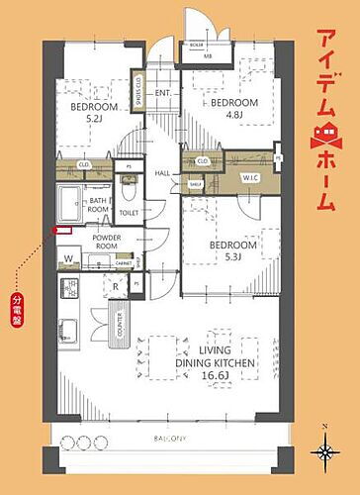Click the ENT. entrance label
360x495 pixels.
pyautogui.click(x=163, y=94)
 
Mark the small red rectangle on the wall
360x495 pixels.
pyautogui.click(x=63, y=231)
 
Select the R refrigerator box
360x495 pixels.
pyautogui.click(x=118, y=287)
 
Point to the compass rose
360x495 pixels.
pyautogui.click(x=324, y=452)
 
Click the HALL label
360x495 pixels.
pyautogui.click(x=162, y=173)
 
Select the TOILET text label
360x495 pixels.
pyautogui.click(x=129, y=212)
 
